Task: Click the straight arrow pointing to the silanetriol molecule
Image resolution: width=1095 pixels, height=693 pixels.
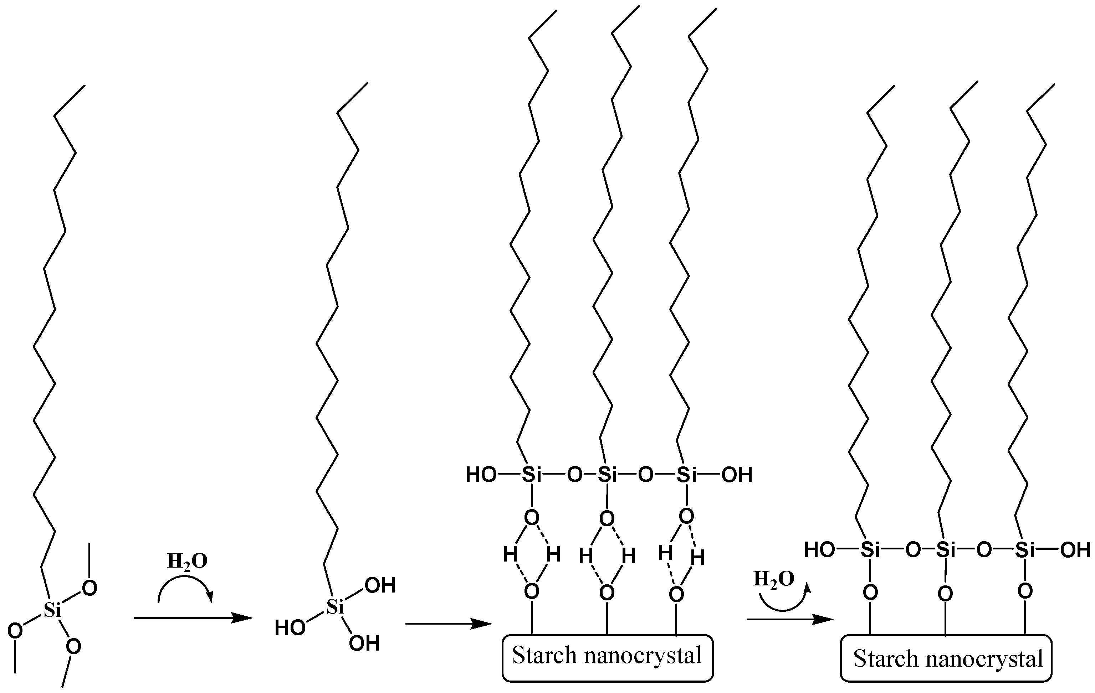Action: pyautogui.click(x=193, y=618)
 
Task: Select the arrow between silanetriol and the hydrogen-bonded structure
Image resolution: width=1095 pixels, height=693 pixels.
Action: pyautogui.click(x=448, y=624)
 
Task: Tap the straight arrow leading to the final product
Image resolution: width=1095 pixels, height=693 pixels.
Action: pyautogui.click(x=790, y=619)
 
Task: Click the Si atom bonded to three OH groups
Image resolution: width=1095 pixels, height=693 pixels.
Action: pyautogui.click(x=335, y=607)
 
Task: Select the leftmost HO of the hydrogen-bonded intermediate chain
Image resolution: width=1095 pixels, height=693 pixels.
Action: pyautogui.click(x=481, y=475)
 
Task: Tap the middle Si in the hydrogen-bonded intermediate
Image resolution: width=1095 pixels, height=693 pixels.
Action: pyautogui.click(x=607, y=475)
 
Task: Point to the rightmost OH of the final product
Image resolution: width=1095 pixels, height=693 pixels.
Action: pyautogui.click(x=1075, y=550)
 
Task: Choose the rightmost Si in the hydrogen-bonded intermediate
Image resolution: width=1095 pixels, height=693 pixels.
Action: pyautogui.click(x=687, y=475)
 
